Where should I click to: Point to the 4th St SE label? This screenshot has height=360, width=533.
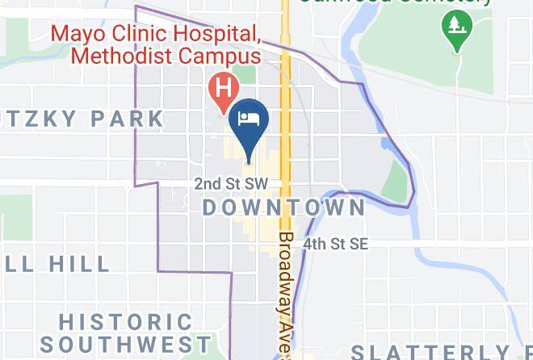point(335,243)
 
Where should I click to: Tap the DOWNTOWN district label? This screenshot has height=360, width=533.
point(283,207)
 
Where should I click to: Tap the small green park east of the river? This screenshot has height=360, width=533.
point(393,181)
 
